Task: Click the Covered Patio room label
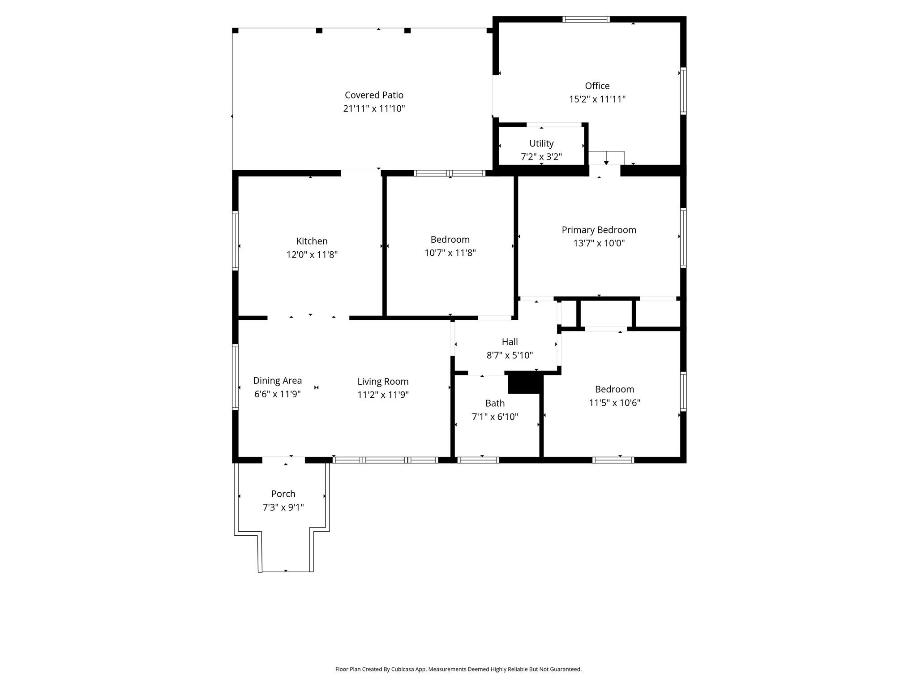pos(374,95)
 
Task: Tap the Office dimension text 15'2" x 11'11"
pos(597,99)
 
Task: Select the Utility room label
pos(541,143)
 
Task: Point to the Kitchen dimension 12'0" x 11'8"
pos(312,254)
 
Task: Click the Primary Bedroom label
pos(599,230)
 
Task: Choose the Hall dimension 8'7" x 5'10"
pos(510,355)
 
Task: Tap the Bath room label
pos(495,403)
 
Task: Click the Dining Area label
pos(277,380)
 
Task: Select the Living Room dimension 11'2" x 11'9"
pos(383,395)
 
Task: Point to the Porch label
pos(283,494)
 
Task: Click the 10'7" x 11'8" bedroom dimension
pos(450,253)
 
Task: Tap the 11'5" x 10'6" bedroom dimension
pos(614,402)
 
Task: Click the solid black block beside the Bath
pos(525,384)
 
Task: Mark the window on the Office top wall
pos(586,19)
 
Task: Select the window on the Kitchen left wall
pos(235,241)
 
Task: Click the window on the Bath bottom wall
pos(478,460)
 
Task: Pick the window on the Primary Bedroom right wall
pos(683,238)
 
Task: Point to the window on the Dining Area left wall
pos(235,377)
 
